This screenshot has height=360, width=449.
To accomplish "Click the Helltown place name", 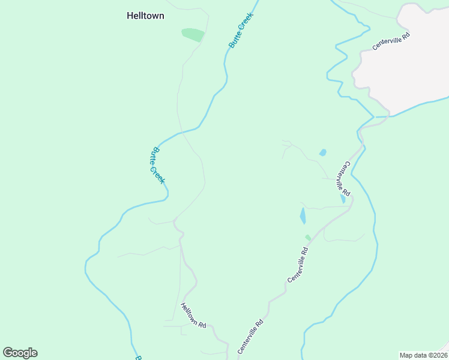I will (x=145, y=16).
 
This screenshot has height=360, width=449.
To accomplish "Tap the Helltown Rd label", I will (x=193, y=316).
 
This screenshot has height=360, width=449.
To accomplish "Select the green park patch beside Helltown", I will (x=193, y=35).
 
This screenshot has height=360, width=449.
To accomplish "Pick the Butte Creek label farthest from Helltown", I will (x=157, y=166).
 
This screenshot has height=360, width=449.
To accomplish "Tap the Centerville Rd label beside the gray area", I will (x=391, y=41).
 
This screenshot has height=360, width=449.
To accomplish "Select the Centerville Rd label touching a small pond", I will (x=343, y=179).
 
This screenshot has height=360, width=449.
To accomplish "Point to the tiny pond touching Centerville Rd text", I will (x=343, y=199).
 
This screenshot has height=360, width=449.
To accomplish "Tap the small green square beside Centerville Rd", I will (x=308, y=238).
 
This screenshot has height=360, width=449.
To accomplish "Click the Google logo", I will (x=20, y=353).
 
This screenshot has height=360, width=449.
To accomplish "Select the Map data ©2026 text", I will (x=423, y=355).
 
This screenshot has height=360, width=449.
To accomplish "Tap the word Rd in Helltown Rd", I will (x=202, y=325).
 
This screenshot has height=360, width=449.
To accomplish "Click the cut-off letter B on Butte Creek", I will (x=137, y=358).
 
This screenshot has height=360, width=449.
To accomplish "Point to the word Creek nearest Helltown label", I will (x=246, y=23).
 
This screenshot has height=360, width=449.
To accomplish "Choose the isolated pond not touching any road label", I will (x=323, y=152).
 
